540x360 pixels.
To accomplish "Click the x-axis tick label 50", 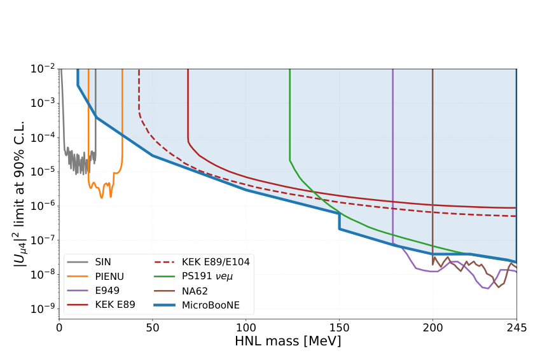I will click(153, 328).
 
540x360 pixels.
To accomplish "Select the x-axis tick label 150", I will click(339, 328).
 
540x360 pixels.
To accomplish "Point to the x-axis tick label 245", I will click(516, 328).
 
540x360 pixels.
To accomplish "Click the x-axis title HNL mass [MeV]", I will click(287, 342).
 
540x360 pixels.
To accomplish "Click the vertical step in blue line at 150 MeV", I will click(340, 221).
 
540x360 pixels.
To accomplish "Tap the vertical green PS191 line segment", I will click(290, 114).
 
